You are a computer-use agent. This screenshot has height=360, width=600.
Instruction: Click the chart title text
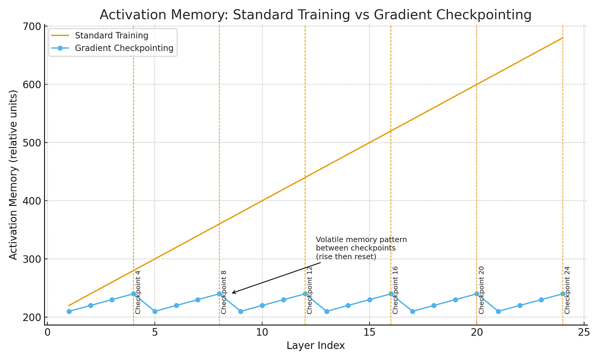pos(315,15)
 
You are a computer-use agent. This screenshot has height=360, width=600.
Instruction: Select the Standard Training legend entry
pos(111,35)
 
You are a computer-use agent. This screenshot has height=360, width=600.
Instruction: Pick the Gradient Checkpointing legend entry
pos(123,48)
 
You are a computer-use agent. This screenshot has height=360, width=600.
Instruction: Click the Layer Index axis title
pos(315,346)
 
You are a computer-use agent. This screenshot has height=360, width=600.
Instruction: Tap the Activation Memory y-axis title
pos(13,174)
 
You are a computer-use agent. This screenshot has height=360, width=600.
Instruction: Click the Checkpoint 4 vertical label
pos(138,292)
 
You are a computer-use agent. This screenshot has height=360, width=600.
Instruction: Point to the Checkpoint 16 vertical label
pos(395,290)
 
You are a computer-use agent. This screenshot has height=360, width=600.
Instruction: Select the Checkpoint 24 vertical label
pos(567,290)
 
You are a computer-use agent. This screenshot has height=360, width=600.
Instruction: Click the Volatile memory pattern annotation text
pos(361,248)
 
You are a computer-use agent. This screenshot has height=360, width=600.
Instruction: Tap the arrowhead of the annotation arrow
pos(233,293)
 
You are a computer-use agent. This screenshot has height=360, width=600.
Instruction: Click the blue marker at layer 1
pos(69,311)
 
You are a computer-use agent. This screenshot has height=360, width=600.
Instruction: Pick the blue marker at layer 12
pos(305,294)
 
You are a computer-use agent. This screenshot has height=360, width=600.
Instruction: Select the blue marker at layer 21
pos(498,311)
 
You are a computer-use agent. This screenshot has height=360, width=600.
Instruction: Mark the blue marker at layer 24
pos(562,294)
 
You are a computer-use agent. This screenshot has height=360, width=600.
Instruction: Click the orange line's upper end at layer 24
pos(562,37)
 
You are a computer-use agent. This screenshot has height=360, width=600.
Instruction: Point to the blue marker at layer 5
pos(155,311)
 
